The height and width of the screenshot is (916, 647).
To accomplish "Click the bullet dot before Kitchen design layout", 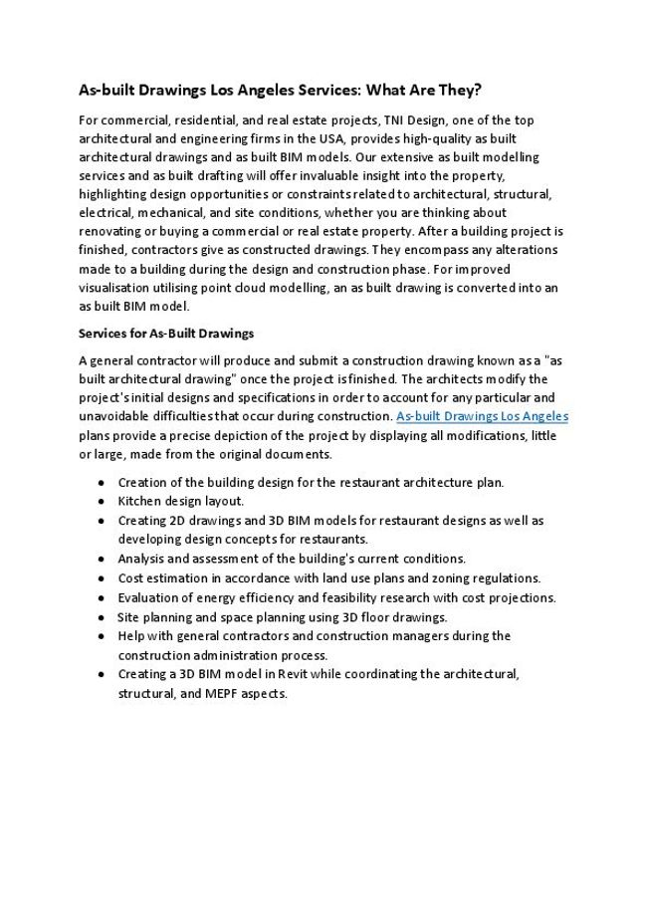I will click(x=105, y=501).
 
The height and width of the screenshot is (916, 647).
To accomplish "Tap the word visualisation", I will click(x=114, y=288).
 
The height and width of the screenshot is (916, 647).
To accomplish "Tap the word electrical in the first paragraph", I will click(x=108, y=213).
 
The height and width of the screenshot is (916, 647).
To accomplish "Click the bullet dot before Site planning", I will click(x=105, y=616).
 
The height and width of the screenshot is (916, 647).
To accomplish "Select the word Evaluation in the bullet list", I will click(x=149, y=597).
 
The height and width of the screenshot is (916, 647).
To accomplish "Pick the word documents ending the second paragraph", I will click(x=303, y=454).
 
